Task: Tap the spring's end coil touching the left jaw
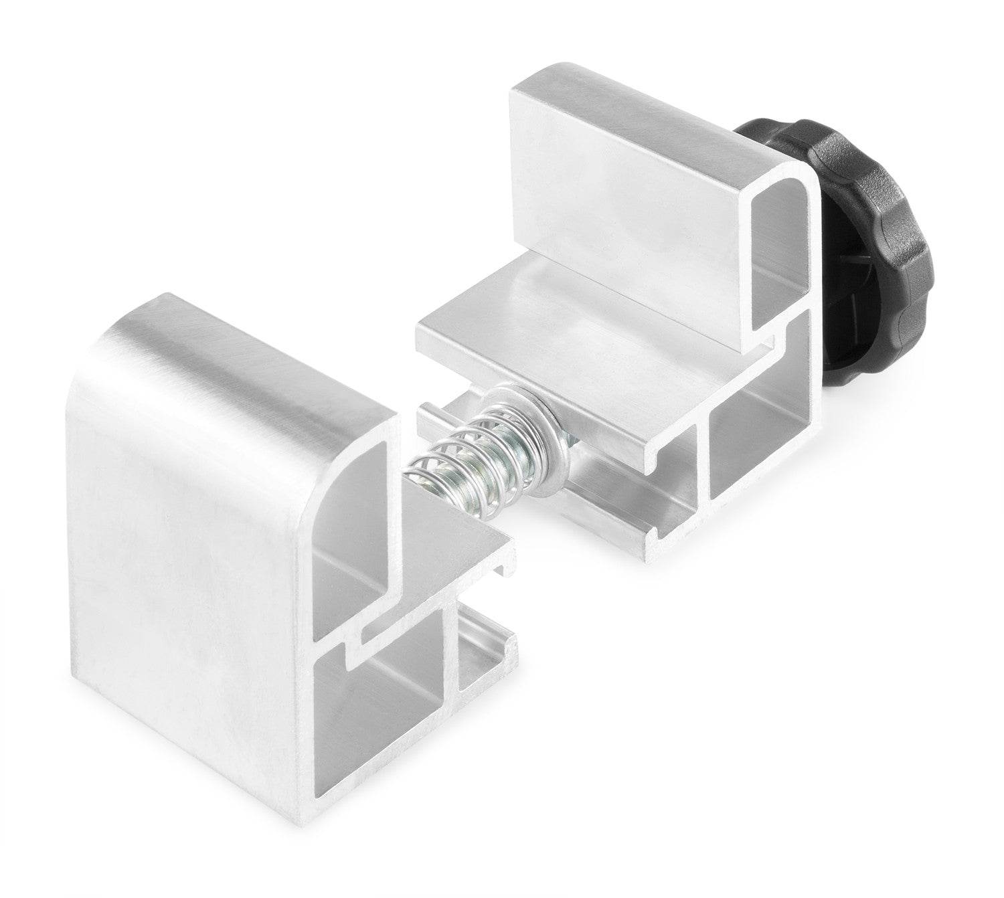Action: [418, 468]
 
